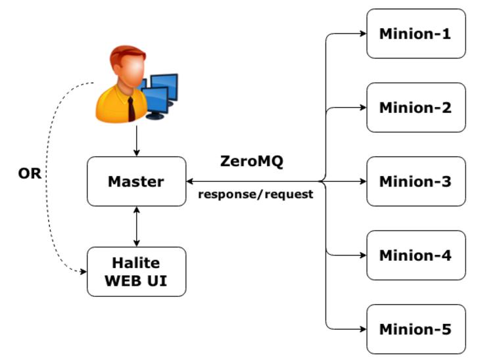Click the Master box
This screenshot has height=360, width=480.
136,181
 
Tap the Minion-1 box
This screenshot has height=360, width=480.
415,34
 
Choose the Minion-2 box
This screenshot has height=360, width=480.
415,107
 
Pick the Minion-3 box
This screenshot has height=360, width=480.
415,181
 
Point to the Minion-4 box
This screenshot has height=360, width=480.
415,255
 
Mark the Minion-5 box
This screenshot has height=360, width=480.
415,328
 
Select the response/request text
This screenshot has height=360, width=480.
255,195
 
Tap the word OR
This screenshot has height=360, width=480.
30,175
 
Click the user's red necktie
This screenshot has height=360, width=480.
132,108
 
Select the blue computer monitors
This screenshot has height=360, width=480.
161,92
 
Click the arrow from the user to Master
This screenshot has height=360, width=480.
136,141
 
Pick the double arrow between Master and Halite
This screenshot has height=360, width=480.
136,227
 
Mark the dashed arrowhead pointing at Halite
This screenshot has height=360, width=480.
83,272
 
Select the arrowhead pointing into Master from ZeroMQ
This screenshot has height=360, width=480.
191,181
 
